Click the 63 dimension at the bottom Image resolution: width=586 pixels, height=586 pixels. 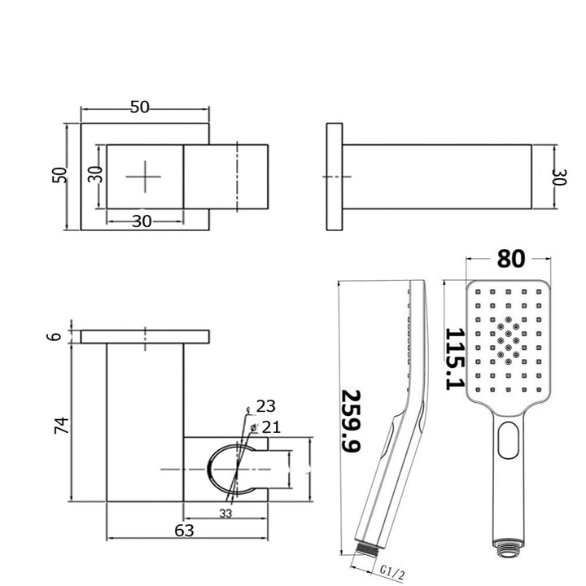184,531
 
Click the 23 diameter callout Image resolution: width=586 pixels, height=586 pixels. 265,405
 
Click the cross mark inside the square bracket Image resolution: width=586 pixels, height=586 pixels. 146,177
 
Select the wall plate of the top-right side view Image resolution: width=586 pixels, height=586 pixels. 335,177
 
